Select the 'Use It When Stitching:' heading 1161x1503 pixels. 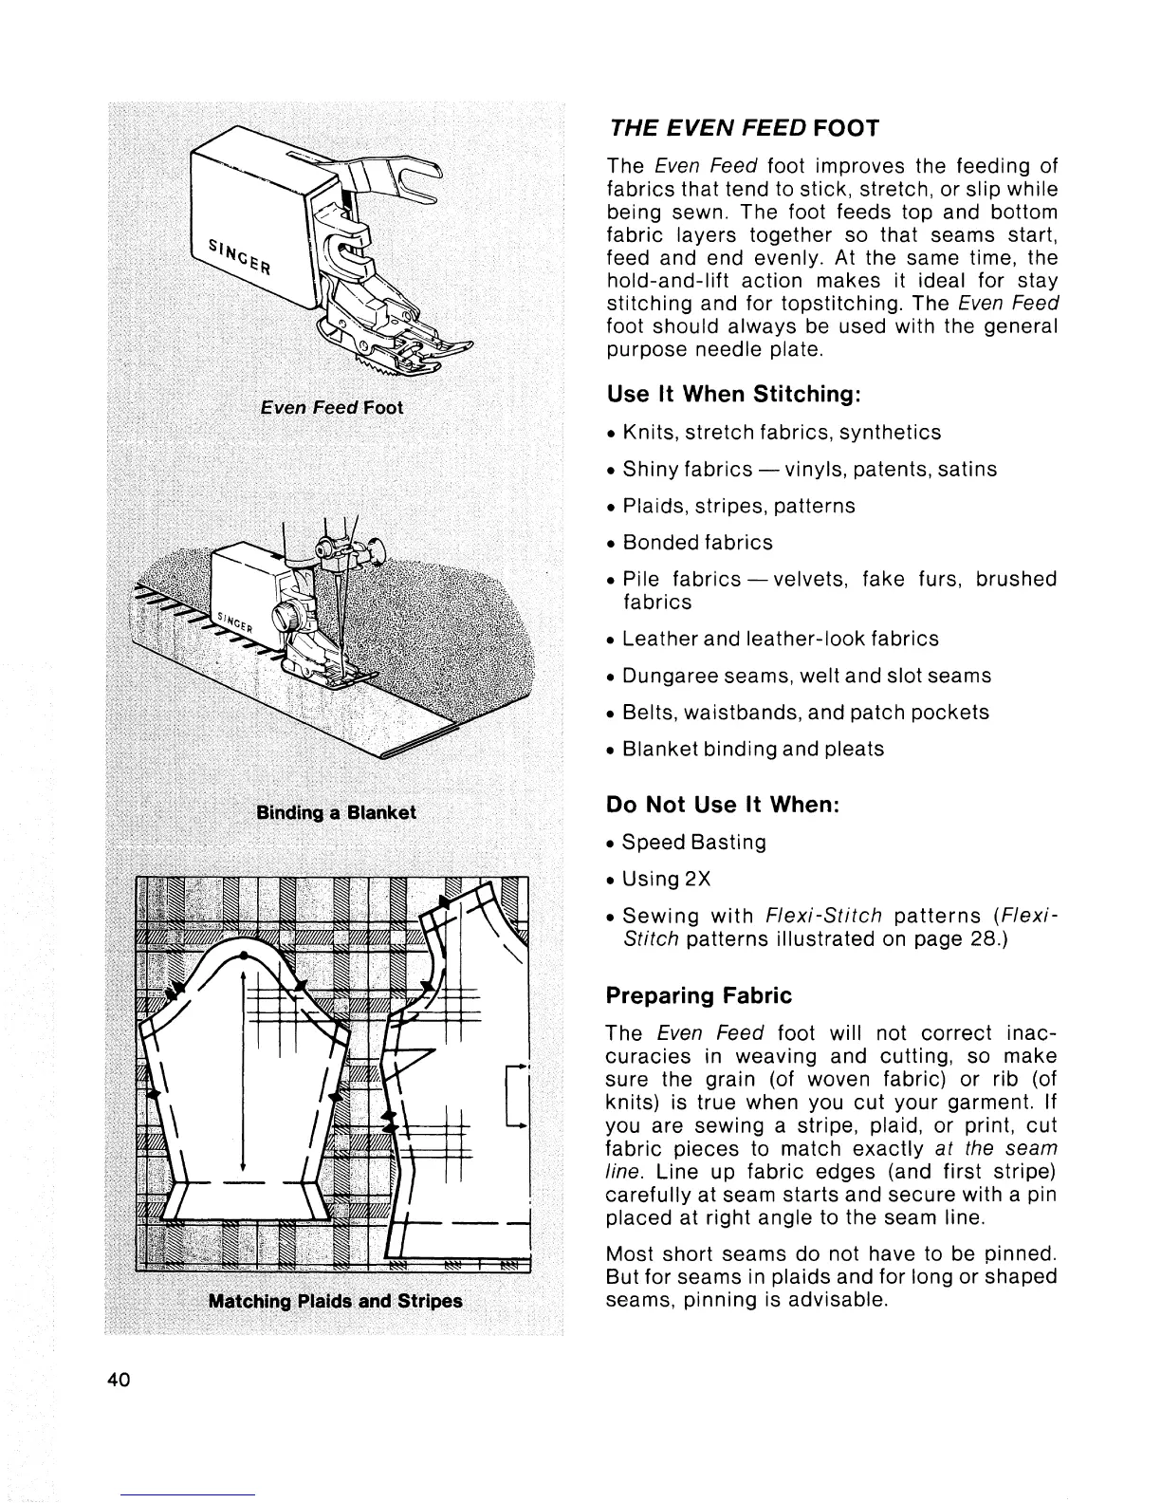[733, 394]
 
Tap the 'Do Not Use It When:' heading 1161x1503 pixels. [723, 805]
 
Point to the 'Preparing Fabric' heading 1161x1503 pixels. [698, 995]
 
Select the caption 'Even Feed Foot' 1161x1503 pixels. [331, 407]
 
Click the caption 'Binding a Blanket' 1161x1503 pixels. [336, 813]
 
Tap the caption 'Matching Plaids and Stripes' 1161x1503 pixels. [335, 1301]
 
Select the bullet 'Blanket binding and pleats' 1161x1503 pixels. [753, 749]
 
